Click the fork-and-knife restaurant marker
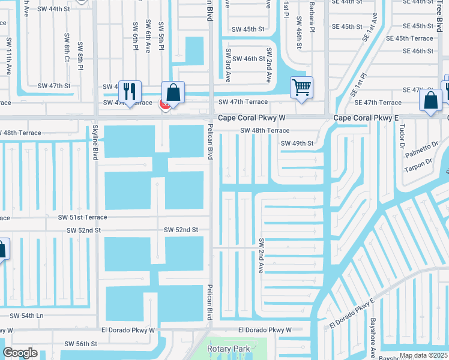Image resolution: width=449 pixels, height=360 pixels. pos(130,91)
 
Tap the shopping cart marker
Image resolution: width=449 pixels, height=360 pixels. pos(301,87)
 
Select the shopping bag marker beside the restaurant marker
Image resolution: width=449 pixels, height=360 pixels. pos(173,93)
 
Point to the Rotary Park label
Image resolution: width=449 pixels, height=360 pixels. pos(228,349)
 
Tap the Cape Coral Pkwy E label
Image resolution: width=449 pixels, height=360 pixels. pos(366,119)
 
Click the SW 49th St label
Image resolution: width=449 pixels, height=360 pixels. pos(297,143)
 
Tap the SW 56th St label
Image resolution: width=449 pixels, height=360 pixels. pos(81,344)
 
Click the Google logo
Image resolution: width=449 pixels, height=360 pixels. pos(20,353)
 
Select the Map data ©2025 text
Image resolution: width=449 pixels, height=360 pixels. pos(423,356)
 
